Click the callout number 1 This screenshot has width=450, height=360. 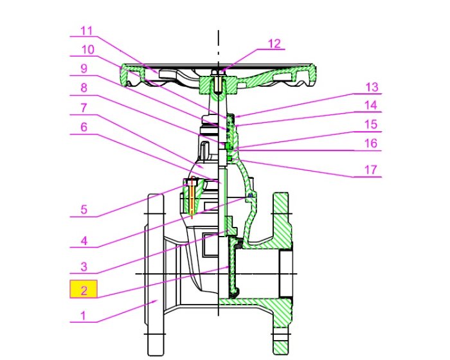pos(83,315)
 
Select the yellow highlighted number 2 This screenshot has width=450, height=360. pos(83,290)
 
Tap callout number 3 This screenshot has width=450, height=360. pos(83,265)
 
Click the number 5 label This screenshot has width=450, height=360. pos(83,209)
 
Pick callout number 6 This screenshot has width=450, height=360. pos(83,127)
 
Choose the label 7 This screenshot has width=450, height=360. pos(83,107)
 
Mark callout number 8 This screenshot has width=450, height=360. pos(83,88)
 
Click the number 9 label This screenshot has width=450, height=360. pos(83,69)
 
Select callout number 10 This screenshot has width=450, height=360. pos(87,49)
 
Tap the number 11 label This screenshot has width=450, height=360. pos(87,30)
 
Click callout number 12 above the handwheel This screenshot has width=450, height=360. pos(274,43)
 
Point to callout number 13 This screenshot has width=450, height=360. pos(372,87)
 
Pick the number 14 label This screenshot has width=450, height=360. pos(372,105)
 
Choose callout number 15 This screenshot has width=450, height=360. pos(372,124)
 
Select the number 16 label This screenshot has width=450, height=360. pos(372,143)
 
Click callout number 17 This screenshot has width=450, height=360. pos(372,170)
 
